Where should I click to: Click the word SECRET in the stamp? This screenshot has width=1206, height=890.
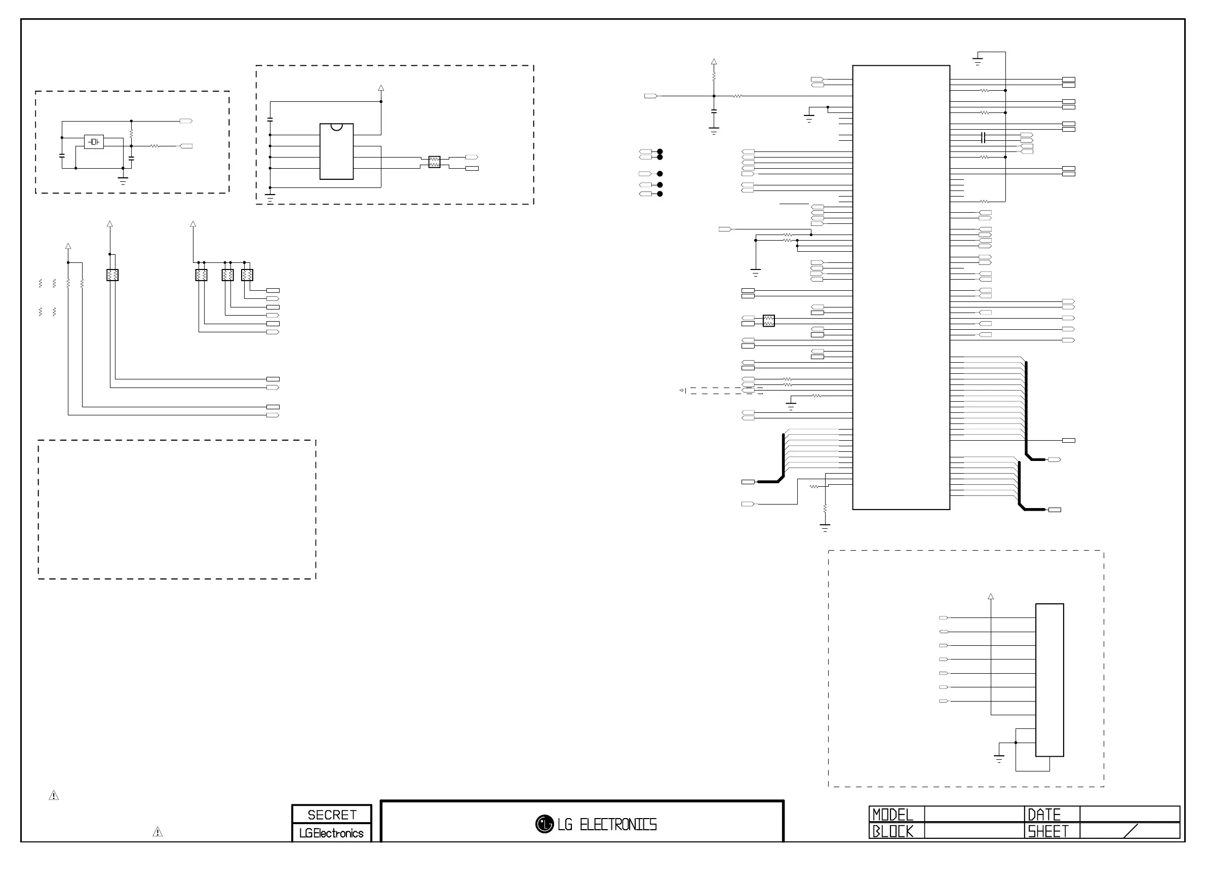pos(332,815)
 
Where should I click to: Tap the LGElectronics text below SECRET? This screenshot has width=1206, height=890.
pos(331,833)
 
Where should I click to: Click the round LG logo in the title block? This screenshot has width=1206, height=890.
pos(544,824)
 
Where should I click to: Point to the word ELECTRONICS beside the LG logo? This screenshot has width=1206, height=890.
pos(618,824)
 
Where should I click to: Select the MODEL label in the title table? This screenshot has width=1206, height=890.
pos(892,815)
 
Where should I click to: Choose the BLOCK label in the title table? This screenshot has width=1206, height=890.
pos(892,831)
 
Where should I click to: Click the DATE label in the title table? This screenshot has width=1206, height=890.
pos(1044,815)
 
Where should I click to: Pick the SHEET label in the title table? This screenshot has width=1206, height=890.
pos(1047,831)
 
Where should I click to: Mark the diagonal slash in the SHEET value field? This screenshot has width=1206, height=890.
pos(1131,831)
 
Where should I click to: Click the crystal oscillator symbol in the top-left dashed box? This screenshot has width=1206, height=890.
pos(94,142)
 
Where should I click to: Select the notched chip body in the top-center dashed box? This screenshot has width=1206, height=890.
pos(337,151)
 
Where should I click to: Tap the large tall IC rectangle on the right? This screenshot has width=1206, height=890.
pos(901,287)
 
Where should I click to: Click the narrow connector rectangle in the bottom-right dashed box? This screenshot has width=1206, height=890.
pos(1049,680)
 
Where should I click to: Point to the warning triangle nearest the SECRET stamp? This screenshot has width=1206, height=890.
pos(158,832)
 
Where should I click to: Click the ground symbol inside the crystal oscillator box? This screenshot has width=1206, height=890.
pos(123,180)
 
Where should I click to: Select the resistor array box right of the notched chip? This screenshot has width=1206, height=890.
pos(434,162)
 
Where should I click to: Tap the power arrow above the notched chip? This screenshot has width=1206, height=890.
pos(381,88)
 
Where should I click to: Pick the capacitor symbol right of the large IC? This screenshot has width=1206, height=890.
pos(984,137)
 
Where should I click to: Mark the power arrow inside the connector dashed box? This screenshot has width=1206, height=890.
pos(991,597)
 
